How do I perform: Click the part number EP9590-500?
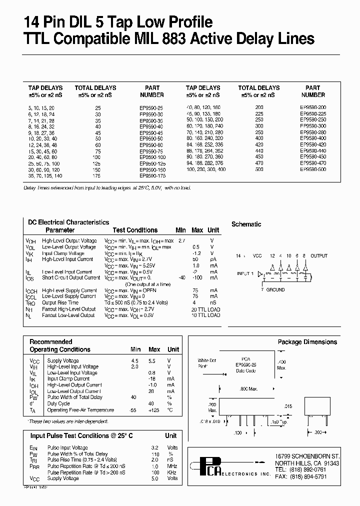tap(313, 169)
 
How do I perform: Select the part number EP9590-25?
tap(152, 107)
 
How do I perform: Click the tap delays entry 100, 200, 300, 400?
tap(205, 169)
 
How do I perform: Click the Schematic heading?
tap(246, 224)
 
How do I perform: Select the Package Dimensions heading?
tap(307, 342)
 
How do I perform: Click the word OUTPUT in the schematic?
tap(318, 256)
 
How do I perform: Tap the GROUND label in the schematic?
tap(275, 290)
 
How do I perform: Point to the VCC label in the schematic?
tap(257, 256)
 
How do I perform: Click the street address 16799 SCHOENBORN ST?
tap(307, 456)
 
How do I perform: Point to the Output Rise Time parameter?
tap(60, 302)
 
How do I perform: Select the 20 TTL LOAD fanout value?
tap(205, 309)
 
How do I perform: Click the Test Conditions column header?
tap(135, 230)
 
